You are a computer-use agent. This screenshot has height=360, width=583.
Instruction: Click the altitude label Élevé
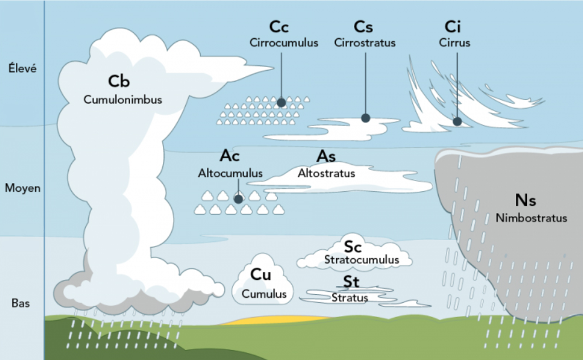(x=22, y=68)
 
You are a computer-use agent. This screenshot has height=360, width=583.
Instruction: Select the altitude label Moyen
(x=22, y=188)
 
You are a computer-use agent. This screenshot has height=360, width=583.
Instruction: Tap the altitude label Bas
(x=21, y=303)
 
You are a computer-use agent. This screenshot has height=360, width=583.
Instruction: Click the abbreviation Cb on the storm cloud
(x=119, y=81)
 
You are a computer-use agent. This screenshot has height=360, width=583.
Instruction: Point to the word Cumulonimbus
(x=123, y=99)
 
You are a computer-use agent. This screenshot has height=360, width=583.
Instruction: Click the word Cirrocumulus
(x=284, y=43)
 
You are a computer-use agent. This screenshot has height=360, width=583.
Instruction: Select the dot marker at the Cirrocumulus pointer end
(x=281, y=102)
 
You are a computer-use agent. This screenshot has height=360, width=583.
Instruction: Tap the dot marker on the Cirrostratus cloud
(x=365, y=118)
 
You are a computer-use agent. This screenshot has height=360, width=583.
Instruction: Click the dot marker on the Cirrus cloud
(x=457, y=121)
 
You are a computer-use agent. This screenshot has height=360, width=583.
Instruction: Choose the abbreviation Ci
(x=452, y=27)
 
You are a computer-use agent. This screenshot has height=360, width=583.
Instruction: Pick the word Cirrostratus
(x=365, y=43)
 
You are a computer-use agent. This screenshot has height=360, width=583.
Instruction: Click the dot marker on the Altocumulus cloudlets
(x=239, y=199)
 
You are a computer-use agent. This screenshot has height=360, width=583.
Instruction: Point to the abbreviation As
(x=326, y=156)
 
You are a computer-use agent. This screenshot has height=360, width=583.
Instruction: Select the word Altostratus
(x=327, y=174)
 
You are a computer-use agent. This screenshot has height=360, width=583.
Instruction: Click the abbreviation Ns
(x=525, y=201)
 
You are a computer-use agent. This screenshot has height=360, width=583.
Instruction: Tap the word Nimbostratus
(x=531, y=218)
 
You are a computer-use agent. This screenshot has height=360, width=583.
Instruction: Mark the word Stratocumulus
(x=362, y=259)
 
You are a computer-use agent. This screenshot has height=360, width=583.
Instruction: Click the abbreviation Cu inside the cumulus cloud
(x=261, y=275)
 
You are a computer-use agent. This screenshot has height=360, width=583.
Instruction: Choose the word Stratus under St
(x=350, y=298)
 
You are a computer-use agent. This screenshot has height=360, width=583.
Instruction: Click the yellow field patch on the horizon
(x=275, y=321)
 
